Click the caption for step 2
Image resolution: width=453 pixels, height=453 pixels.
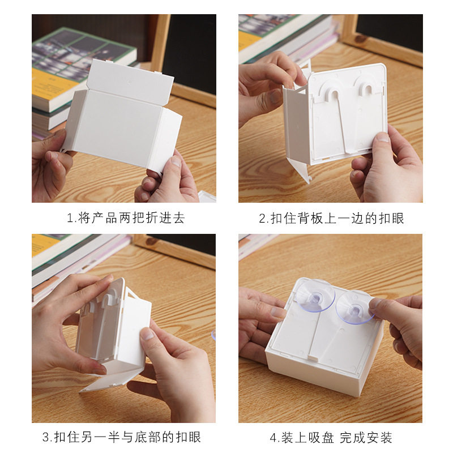click(x=332, y=218)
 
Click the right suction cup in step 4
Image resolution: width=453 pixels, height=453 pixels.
click(x=354, y=306)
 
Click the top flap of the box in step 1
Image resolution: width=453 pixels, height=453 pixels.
click(x=131, y=79)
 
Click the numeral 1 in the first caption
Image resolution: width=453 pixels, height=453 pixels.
click(x=70, y=218)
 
